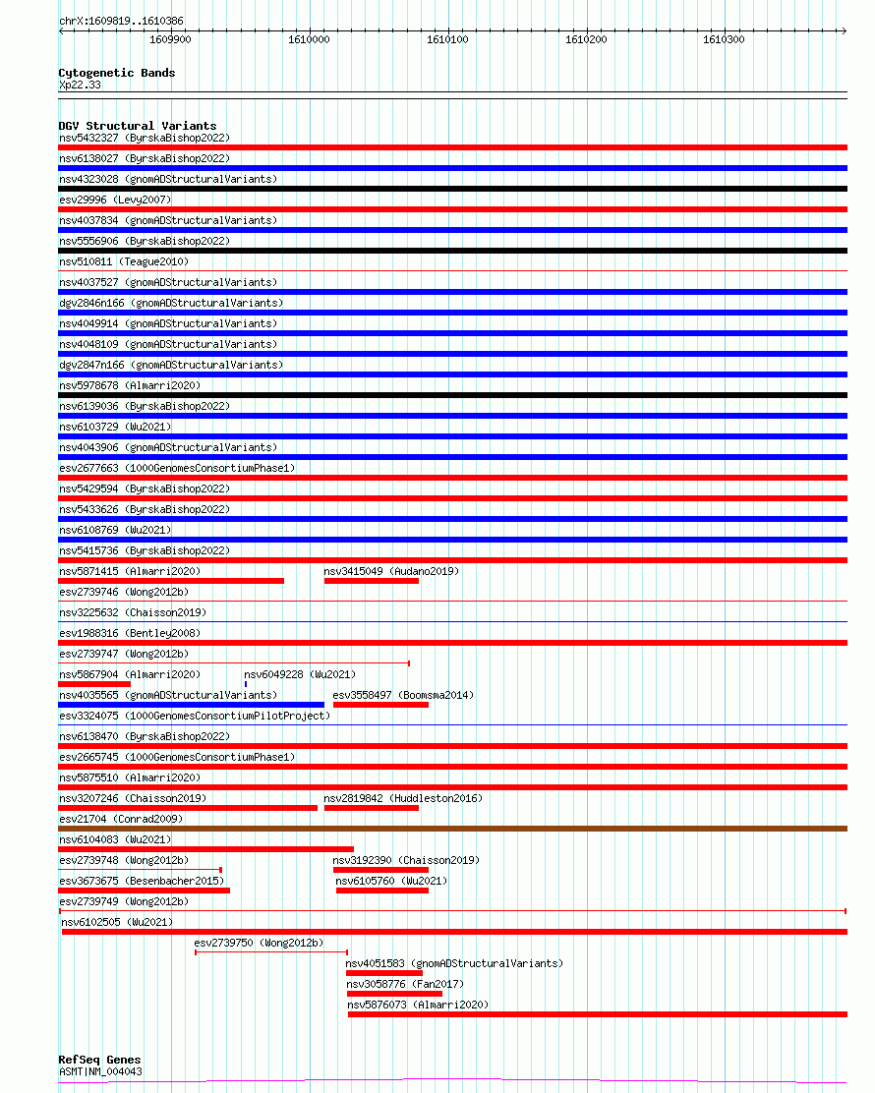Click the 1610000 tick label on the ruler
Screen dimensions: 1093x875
[308, 39]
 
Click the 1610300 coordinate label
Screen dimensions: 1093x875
[724, 39]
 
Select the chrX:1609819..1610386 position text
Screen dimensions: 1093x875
[120, 21]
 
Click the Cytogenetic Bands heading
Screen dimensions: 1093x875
[116, 73]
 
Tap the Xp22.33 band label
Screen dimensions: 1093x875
[79, 85]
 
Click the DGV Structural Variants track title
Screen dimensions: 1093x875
[137, 126]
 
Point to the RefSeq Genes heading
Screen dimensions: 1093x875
[99, 1061]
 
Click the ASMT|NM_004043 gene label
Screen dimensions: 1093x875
[100, 1071]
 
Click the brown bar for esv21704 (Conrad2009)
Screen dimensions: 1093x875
[452, 829]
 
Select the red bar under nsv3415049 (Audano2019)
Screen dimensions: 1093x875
[371, 581]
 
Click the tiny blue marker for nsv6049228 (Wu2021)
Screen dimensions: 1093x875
[246, 683]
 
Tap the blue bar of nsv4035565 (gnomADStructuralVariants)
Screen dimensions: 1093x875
[191, 705]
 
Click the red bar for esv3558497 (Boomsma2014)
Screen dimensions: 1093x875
[380, 705]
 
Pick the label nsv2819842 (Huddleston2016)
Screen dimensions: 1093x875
[403, 798]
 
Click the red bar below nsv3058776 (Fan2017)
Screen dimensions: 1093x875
[394, 994]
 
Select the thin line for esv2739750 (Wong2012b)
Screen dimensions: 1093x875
[271, 952]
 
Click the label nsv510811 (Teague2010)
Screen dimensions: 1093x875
[123, 261]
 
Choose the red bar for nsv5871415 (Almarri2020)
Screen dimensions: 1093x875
[171, 581]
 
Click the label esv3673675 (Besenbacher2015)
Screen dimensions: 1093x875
[142, 881]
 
